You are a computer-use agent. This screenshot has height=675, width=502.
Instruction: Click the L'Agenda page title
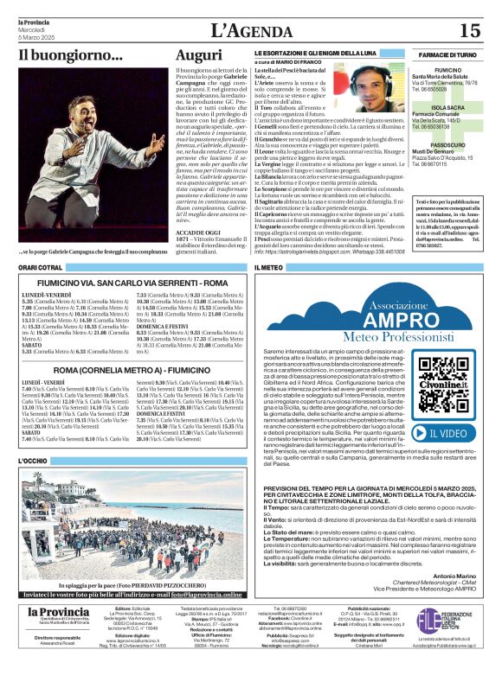[x=250, y=31]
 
